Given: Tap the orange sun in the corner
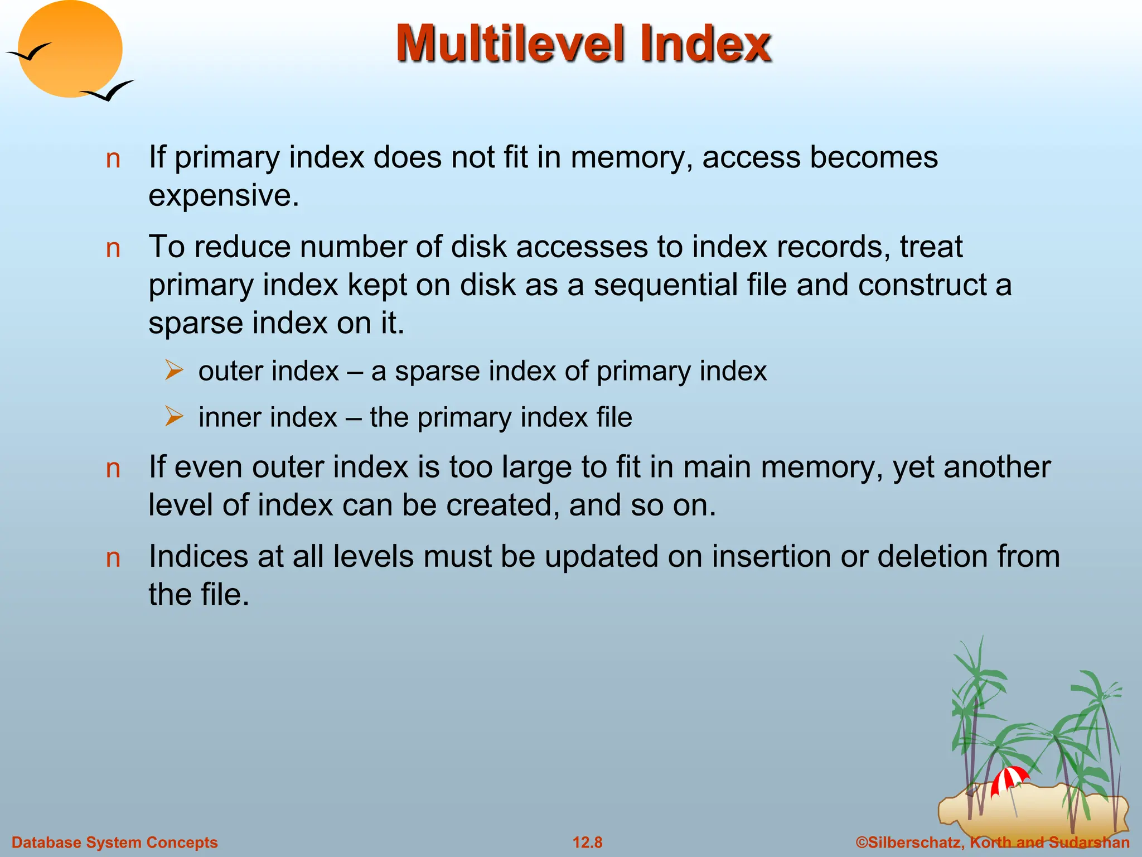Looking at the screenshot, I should pos(70,49).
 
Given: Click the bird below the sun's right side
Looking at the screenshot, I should pos(108,90).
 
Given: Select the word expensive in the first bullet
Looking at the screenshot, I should pos(223,195).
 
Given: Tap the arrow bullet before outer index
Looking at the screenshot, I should pos(174,370).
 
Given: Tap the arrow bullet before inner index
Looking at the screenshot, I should pos(174,417).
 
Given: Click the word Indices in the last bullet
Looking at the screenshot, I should pos(198,556).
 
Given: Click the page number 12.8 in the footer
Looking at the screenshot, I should pos(587,842).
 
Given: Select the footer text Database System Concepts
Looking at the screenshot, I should pos(115,842).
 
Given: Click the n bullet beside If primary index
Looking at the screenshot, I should pos(113,159).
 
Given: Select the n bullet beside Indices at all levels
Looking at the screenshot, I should pos(113,558).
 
